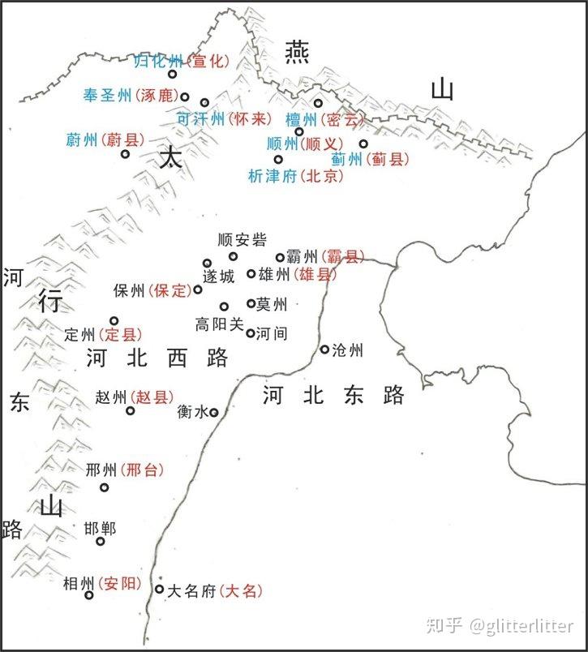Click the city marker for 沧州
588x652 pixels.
[x=324, y=350]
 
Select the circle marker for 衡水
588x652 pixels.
[x=213, y=412]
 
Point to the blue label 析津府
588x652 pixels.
[x=273, y=175]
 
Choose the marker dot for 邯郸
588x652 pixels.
[x=101, y=541]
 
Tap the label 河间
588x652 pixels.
[x=272, y=333]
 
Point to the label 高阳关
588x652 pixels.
[x=219, y=324]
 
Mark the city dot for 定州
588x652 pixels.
[x=114, y=320]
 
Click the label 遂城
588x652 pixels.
[x=219, y=277]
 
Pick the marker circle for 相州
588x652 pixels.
[x=89, y=594]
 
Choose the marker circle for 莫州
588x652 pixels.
[x=251, y=304]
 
